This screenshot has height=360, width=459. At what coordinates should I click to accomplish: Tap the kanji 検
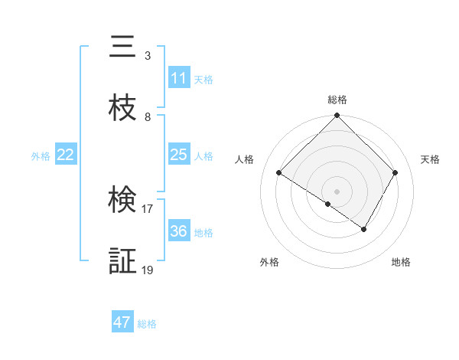122,201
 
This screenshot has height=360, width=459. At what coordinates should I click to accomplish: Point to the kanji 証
122,262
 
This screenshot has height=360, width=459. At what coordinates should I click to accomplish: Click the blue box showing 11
179,79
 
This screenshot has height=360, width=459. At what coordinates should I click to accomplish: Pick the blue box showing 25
179,155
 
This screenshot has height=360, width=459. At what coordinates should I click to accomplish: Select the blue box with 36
179,231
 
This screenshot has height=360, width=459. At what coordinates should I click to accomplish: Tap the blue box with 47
122,322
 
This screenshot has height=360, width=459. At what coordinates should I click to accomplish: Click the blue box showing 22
66,155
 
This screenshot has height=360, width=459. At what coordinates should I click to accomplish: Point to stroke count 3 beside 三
148,56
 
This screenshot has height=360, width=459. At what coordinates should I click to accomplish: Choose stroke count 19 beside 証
148,270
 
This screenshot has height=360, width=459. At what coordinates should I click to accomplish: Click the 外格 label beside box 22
41,155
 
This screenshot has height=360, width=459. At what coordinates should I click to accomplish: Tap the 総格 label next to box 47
147,324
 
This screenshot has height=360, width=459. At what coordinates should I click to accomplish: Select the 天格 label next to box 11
203,80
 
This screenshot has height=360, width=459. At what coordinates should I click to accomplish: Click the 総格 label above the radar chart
337,100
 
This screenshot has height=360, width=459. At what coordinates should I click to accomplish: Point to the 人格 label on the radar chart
245,159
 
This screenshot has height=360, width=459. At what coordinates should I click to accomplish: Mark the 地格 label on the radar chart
401,263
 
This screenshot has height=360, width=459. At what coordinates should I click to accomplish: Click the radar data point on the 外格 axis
327,204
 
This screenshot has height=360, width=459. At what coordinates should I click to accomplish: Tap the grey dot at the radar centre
337,191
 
